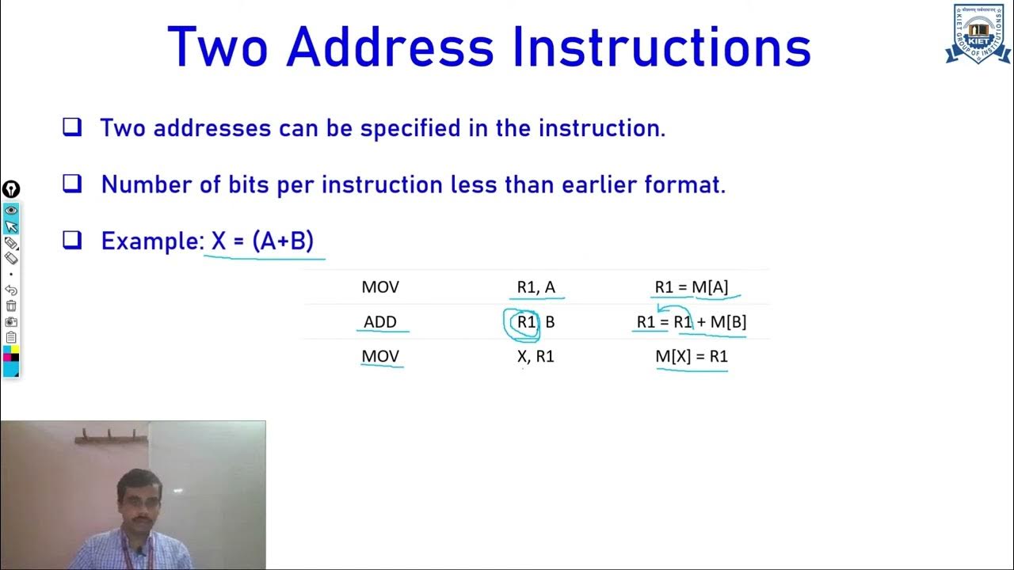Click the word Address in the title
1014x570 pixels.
[x=391, y=47]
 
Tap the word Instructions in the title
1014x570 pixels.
[x=661, y=47]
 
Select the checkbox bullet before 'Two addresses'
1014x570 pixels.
[x=72, y=127]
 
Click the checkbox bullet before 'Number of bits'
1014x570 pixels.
[x=72, y=184]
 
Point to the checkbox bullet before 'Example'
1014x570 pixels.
[x=72, y=240]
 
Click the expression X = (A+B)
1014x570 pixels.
[x=262, y=241]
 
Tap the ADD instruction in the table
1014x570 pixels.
[x=380, y=322]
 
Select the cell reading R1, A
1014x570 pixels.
[x=536, y=287]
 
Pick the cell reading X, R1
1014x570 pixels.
[x=536, y=357]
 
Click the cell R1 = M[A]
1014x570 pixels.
[x=692, y=287]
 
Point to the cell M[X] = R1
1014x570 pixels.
[x=692, y=357]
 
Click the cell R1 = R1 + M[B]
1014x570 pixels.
[x=692, y=322]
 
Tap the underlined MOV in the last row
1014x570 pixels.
[x=380, y=357]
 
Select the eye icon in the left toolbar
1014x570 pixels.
[x=11, y=211]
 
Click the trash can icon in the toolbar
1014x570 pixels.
[x=11, y=306]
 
